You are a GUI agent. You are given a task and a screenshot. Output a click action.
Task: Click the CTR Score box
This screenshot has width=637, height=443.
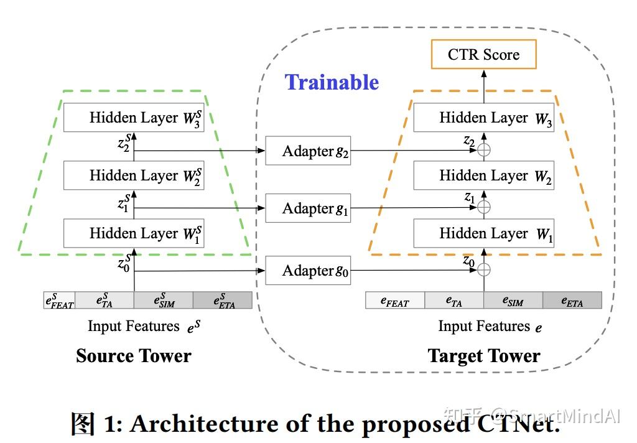(x=483, y=55)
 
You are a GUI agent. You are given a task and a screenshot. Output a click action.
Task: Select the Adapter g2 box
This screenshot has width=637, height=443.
(x=308, y=151)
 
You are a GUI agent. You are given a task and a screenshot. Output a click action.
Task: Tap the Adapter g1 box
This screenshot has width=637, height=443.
(x=308, y=208)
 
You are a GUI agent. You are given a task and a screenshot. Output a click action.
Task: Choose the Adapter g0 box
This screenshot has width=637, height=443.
(x=308, y=271)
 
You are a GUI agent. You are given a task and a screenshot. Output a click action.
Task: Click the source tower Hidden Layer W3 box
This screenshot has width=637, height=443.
(x=134, y=118)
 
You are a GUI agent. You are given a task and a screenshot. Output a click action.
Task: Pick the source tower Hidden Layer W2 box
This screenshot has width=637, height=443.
(x=134, y=175)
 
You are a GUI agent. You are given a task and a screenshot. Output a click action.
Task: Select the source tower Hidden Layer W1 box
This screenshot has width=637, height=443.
(x=134, y=233)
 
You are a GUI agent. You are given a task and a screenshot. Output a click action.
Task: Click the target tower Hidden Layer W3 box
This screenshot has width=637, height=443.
(x=483, y=118)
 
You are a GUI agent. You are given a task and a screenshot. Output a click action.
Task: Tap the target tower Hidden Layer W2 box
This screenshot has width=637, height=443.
(x=483, y=175)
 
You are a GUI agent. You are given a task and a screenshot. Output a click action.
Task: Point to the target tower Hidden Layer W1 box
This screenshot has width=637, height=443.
(x=483, y=233)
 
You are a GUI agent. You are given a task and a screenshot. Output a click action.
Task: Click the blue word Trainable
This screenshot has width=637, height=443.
(x=332, y=82)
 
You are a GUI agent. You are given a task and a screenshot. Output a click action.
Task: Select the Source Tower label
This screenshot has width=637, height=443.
(x=133, y=356)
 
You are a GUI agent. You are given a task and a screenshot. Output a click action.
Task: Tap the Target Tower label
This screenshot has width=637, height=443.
(x=483, y=356)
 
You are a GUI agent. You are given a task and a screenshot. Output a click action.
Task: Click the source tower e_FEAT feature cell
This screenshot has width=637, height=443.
(x=59, y=301)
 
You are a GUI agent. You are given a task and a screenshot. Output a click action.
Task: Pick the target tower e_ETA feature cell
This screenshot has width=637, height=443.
(x=572, y=301)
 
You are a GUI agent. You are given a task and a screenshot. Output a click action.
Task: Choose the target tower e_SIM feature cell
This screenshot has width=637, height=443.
(x=513, y=301)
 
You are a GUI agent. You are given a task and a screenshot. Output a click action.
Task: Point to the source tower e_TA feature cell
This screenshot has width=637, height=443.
(x=104, y=301)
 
